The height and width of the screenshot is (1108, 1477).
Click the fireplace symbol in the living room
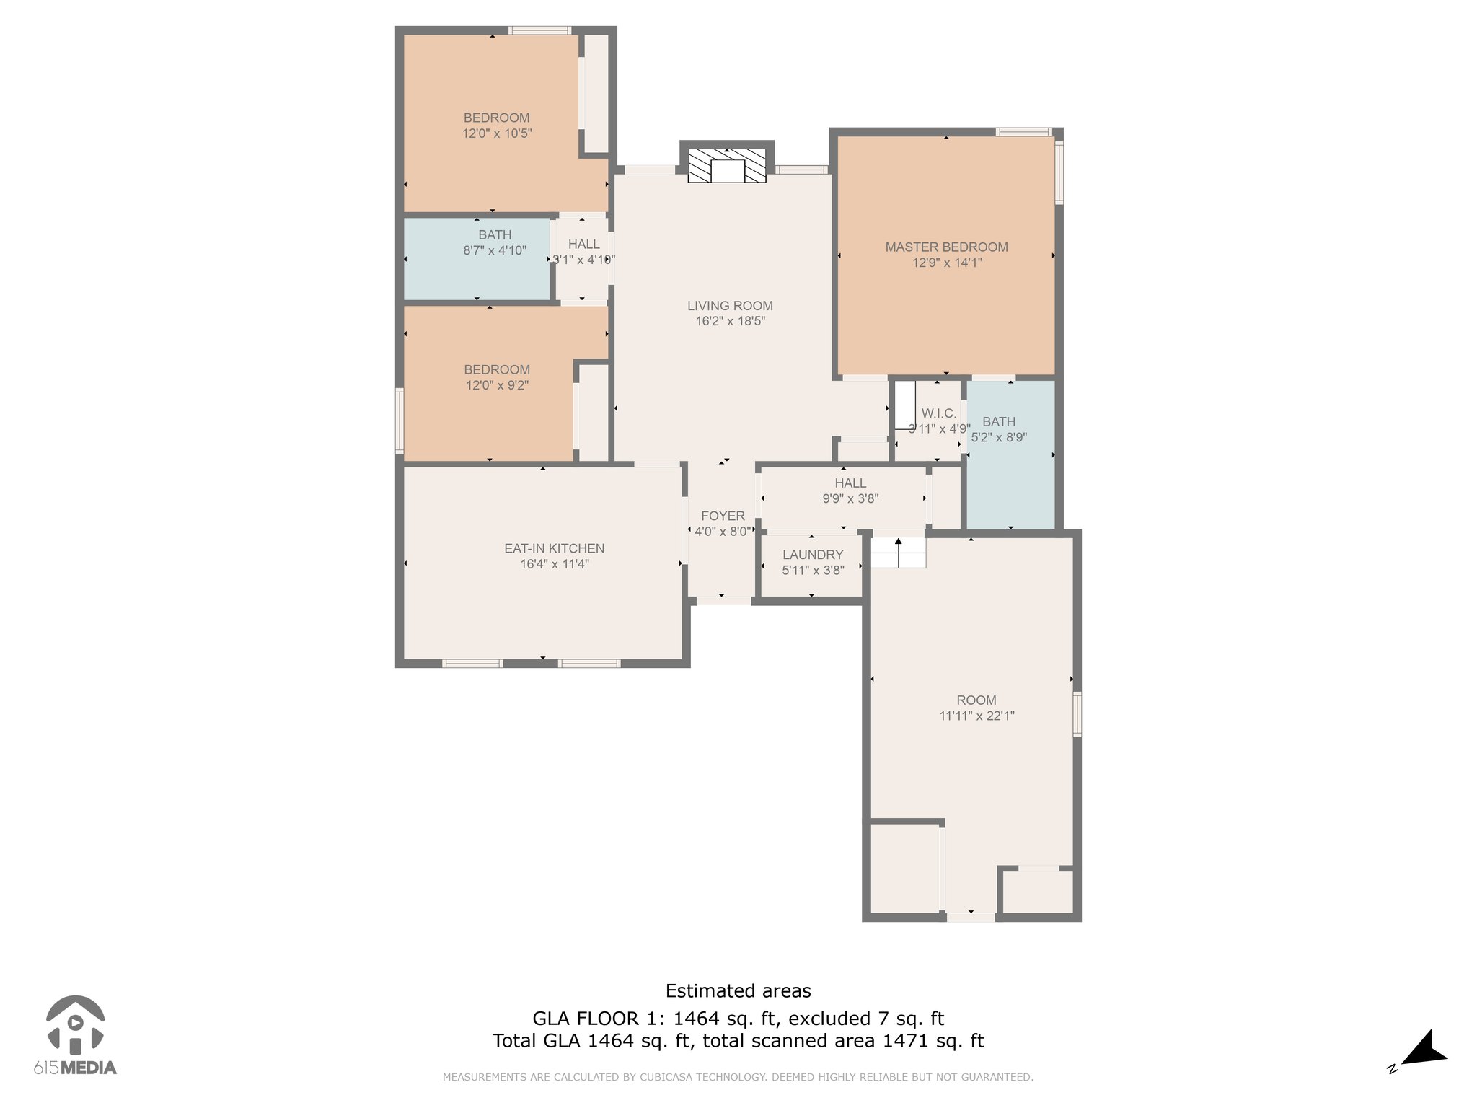coord(726,165)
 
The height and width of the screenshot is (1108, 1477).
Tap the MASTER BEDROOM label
coord(946,247)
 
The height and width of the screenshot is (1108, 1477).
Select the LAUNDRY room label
coord(813,555)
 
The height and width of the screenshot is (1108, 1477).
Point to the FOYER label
coord(723,516)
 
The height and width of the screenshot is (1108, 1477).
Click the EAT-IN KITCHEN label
coord(554,548)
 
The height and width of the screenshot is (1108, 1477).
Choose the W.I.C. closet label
coord(939,413)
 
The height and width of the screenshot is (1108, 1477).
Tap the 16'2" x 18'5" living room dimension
coord(730,321)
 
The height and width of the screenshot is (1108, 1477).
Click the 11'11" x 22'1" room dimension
coord(976,716)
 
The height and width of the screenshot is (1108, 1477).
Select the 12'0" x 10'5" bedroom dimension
coord(497,133)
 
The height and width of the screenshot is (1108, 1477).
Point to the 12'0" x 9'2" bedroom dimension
coord(497,385)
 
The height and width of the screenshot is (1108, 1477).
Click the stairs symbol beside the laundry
coord(898,553)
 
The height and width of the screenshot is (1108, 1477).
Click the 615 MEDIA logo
coord(75,1035)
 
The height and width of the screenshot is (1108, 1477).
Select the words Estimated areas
coord(738,991)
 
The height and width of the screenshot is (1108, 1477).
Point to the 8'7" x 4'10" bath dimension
coord(495,250)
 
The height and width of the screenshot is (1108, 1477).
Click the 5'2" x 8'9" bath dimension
coord(999,437)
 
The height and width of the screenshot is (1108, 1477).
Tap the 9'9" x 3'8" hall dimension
coord(850,498)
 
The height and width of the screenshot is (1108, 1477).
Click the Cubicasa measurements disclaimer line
coord(738,1077)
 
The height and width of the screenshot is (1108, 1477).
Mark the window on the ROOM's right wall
coord(1077,714)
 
